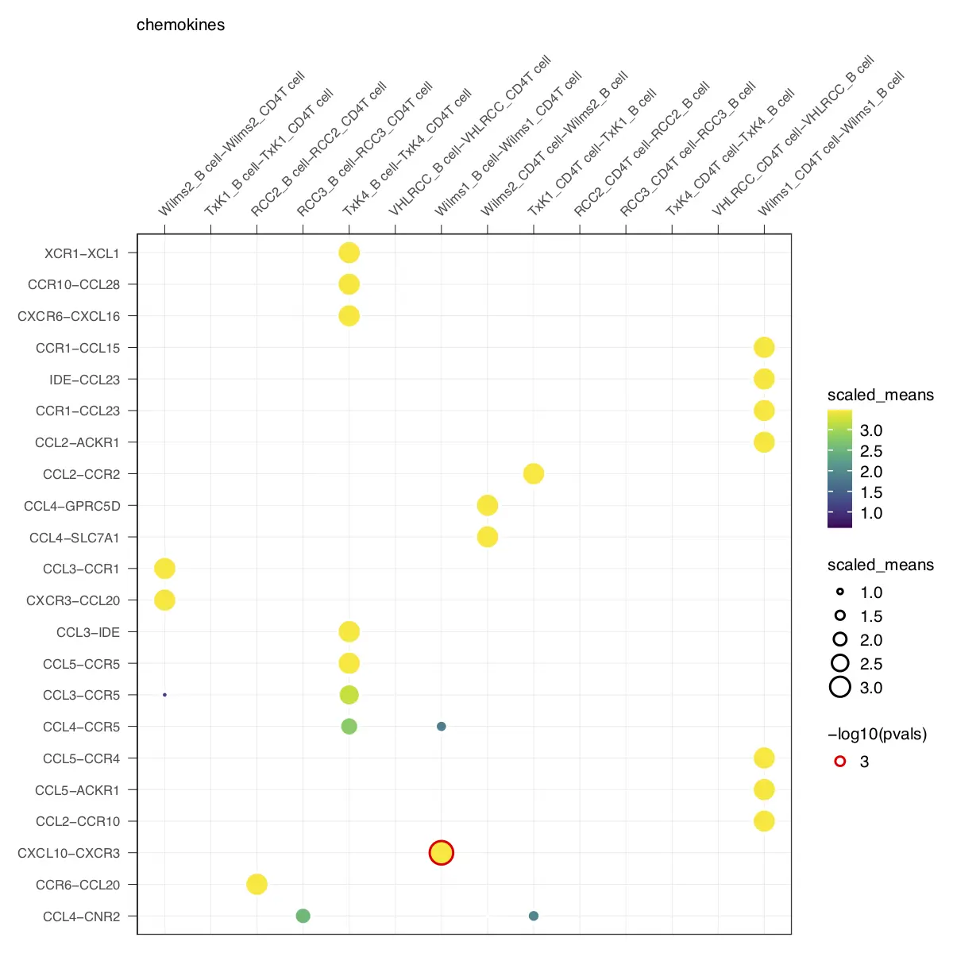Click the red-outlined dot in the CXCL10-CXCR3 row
click(441, 853)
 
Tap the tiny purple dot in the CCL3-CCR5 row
click(164, 695)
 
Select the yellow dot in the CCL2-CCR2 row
click(533, 474)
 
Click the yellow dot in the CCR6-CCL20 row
click(257, 884)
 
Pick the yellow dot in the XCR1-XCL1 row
click(349, 253)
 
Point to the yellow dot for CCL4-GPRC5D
click(487, 505)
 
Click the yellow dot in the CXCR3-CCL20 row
click(164, 600)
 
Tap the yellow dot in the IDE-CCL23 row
click(763, 379)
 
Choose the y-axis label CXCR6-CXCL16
click(69, 316)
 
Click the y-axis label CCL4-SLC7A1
click(75, 538)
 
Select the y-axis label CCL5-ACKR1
click(77, 790)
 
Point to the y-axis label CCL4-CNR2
click(81, 916)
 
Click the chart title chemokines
click(180, 25)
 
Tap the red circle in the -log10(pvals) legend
click(840, 762)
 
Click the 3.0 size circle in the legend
click(840, 687)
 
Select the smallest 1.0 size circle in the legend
click(840, 592)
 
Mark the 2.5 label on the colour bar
click(871, 451)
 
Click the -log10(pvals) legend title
click(877, 734)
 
